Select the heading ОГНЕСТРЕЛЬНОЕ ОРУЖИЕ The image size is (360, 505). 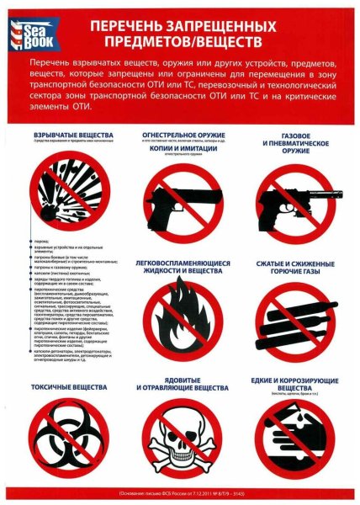[x=182, y=133]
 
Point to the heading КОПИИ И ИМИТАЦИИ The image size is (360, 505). [x=182, y=148]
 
